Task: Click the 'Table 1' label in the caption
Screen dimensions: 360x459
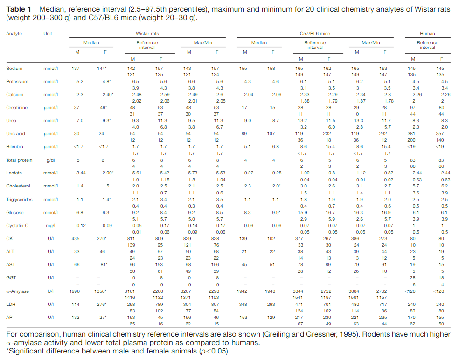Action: tap(18, 9)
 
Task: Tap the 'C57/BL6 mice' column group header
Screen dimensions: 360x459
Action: tap(315, 34)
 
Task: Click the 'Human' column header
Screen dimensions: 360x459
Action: tap(427, 34)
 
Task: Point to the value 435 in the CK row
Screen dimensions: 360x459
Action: tap(75, 239)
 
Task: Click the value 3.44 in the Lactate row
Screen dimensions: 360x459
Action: tap(75, 173)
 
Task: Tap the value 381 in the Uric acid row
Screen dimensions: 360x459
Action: tap(413, 134)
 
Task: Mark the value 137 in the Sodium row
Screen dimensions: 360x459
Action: tap(75, 69)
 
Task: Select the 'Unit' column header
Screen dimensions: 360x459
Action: tap(47, 34)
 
